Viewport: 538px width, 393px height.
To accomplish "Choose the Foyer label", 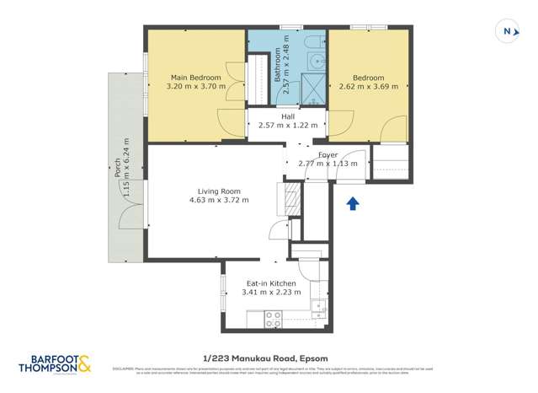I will tap(328, 154).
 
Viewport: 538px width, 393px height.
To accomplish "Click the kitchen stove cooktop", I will tap(274, 319).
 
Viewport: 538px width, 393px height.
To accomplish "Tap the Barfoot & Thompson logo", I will tap(56, 363).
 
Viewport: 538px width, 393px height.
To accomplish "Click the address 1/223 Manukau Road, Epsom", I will tap(269, 355).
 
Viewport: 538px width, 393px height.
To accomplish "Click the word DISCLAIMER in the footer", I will tap(125, 368).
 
